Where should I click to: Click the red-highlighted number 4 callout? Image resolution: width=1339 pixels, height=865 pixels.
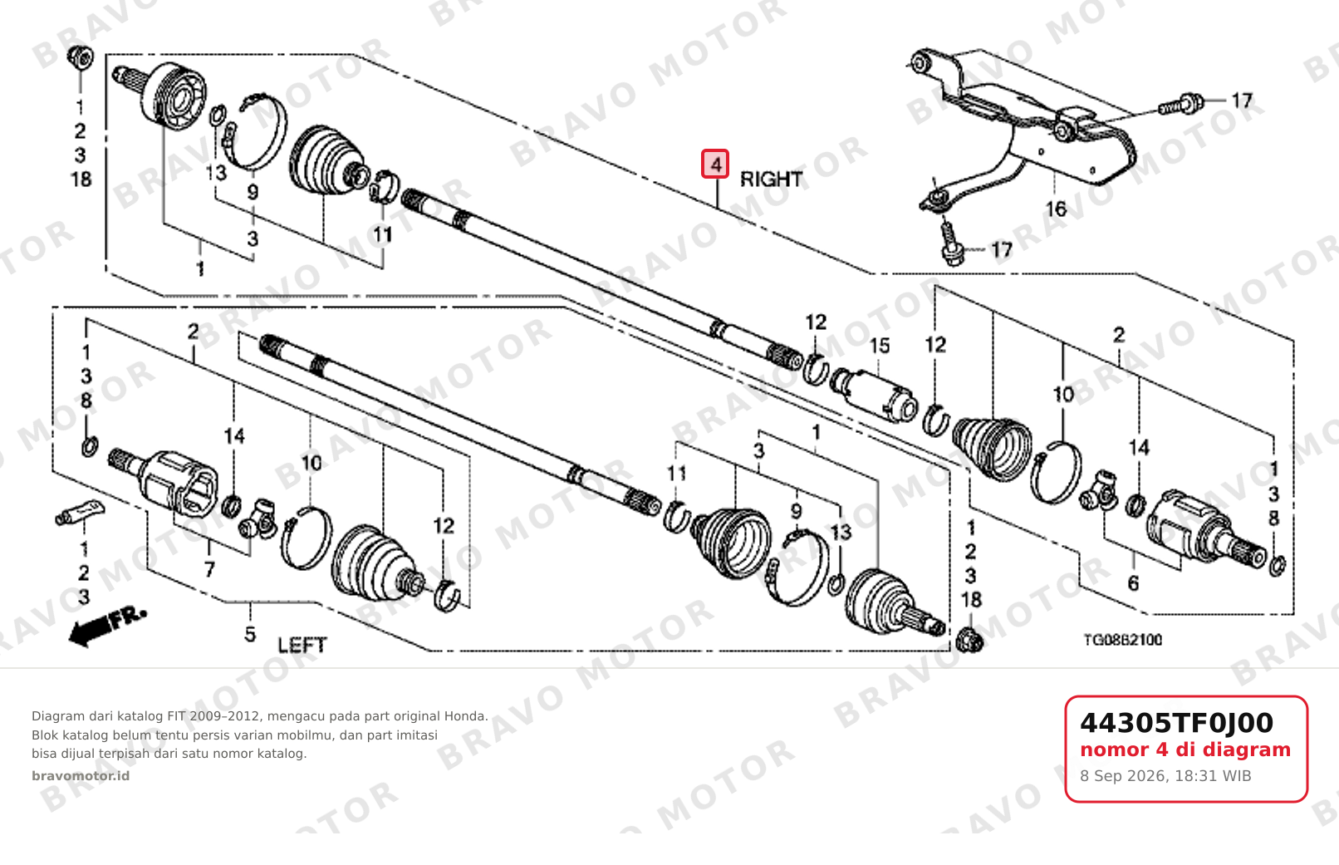715,164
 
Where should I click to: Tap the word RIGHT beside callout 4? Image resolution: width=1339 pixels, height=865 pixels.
771,179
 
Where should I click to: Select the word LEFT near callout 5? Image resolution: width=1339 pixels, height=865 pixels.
302,645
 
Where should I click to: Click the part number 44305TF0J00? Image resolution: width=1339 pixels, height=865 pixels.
1176,723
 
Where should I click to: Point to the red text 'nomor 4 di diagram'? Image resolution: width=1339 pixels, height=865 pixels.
1185,750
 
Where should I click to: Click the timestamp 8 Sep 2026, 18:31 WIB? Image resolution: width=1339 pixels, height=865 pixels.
1165,776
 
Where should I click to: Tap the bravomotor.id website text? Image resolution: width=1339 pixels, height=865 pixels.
81,776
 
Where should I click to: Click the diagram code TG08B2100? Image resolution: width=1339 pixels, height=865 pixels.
1123,640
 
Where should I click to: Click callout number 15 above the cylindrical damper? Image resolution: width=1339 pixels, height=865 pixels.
880,346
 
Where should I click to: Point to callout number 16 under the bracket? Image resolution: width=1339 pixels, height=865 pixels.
1056,209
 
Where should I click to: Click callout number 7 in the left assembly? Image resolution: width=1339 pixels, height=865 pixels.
209,570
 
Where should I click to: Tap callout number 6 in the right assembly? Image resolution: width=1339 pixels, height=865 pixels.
1133,582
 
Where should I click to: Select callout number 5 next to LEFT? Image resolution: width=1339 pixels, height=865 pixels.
250,634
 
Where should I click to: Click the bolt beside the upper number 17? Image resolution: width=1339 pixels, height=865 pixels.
1180,104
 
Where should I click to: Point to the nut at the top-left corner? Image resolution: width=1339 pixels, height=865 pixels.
81,57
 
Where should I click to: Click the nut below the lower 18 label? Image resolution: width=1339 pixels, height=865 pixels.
969,641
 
